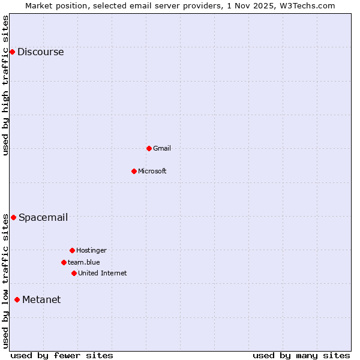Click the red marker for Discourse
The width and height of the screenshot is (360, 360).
pos(12,52)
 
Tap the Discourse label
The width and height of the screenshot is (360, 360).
pos(40,52)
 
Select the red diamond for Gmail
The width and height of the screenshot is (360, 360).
pos(149,148)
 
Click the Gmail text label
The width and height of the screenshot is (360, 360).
pos(162,148)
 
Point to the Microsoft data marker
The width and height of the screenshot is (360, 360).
pos(134,171)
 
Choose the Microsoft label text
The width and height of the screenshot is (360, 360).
pos(152,171)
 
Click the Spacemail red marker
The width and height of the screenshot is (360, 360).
pos(13,217)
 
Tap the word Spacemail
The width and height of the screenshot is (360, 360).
pos(43,217)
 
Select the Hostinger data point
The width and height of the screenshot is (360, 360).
pos(72,250)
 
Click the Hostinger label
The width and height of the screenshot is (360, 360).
pos(91,250)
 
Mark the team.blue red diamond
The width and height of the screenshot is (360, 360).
pos(64,262)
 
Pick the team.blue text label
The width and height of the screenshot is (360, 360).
pos(84,262)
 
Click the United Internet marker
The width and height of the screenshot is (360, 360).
pos(74,273)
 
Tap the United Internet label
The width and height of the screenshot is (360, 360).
pos(102,273)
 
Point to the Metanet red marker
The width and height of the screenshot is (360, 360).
pos(17,299)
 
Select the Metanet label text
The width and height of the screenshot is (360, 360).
pos(41,299)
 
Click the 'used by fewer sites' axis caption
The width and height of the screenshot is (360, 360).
pos(62,355)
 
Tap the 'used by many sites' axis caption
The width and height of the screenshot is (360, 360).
pos(301,355)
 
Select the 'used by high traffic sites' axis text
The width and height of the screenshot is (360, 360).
pos(6,85)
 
